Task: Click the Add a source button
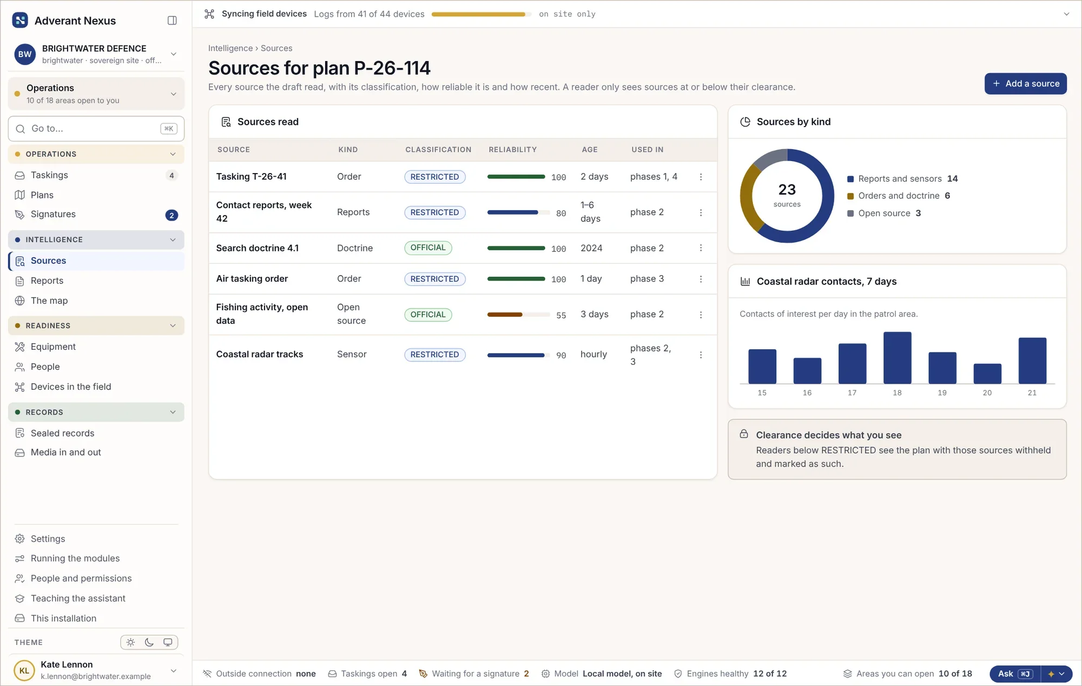click(x=1025, y=84)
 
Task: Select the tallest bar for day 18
click(x=897, y=358)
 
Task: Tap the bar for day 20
click(x=987, y=374)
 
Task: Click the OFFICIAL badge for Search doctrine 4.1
click(x=428, y=248)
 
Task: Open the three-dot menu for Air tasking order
click(x=701, y=279)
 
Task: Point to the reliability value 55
click(x=561, y=315)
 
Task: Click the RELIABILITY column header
click(x=513, y=150)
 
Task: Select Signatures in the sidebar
click(x=53, y=214)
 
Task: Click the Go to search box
click(x=96, y=129)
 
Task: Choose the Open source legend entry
click(x=884, y=213)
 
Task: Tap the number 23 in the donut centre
click(x=787, y=190)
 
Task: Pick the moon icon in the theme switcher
click(x=149, y=642)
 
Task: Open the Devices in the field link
click(x=71, y=387)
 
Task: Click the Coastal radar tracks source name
click(x=260, y=354)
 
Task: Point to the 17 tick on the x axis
click(x=852, y=393)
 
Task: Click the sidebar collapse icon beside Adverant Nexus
click(x=172, y=21)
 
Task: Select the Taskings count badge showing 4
click(x=171, y=175)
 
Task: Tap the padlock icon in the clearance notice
click(x=744, y=434)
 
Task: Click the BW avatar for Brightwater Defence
click(x=25, y=54)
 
